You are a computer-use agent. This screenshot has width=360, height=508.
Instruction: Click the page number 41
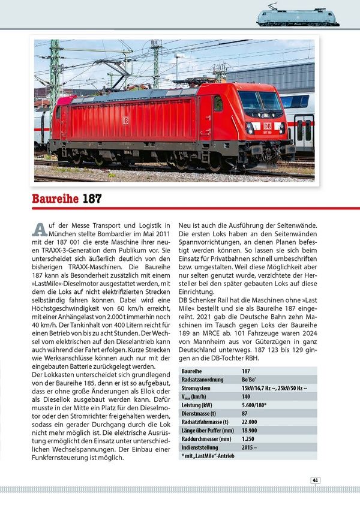tap(315, 480)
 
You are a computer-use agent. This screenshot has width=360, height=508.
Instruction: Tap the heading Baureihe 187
tap(67, 199)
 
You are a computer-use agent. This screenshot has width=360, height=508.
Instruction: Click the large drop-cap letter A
tap(40, 229)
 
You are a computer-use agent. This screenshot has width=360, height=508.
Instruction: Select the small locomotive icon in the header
tap(297, 16)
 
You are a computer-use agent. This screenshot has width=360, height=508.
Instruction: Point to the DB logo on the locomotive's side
tap(125, 120)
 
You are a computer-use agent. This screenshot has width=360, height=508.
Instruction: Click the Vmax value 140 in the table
tap(246, 396)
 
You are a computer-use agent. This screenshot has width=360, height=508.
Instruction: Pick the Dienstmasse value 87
tap(245, 413)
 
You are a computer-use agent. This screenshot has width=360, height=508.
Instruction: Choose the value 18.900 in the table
tap(250, 430)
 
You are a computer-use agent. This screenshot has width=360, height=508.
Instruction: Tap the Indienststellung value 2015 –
tap(251, 447)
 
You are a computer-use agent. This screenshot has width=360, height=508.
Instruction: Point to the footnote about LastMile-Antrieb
tap(208, 456)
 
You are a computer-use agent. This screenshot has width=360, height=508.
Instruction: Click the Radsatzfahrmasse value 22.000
tap(250, 422)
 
